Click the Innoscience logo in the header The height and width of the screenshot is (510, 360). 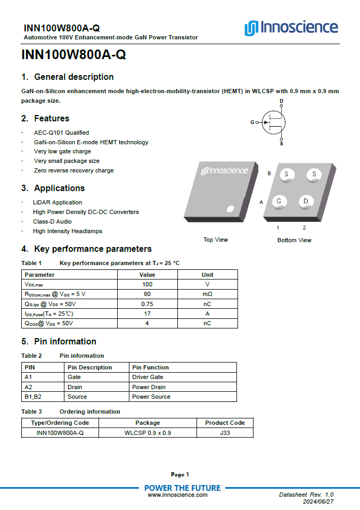tap(291, 28)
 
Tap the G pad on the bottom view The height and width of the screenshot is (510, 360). tap(278, 201)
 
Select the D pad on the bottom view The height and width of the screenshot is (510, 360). tap(306, 201)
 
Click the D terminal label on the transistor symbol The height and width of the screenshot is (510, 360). tap(281, 101)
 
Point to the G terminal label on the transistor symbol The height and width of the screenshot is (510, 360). tap(252, 122)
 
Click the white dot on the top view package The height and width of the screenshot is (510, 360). tap(230, 208)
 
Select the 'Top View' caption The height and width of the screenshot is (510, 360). tap(216, 240)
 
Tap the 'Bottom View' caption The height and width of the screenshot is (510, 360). tap(294, 240)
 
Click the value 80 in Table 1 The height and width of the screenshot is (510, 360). tap(147, 294)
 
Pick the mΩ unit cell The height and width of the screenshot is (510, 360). tap(207, 294)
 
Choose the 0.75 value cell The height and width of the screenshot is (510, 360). tap(147, 303)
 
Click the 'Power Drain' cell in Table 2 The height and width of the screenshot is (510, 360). tap(149, 387)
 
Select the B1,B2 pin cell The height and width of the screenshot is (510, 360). tap(33, 397)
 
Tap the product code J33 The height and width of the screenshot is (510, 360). tap(225, 433)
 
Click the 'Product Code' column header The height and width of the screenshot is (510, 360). tap(225, 423)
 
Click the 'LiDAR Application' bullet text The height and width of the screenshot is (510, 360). tap(57, 202)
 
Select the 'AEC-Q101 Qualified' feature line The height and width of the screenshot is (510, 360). tap(61, 133)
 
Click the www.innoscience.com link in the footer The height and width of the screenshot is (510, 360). tap(177, 495)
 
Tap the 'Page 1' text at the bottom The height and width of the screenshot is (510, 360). tap(180, 474)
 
